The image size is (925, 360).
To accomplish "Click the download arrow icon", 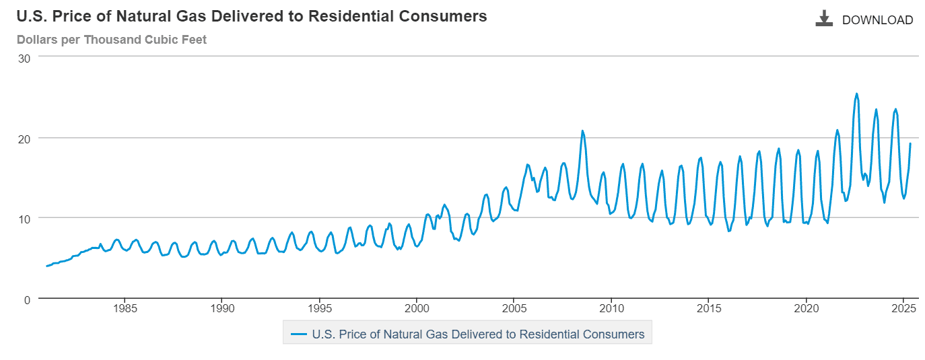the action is coord(824,18).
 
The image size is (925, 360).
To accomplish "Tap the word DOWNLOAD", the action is coord(877,20).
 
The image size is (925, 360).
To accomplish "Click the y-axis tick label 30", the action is coord(24,59).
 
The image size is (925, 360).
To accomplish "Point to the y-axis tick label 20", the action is coord(24,139).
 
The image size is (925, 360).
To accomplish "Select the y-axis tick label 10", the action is coord(24,219).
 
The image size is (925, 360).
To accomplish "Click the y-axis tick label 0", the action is coord(27,300).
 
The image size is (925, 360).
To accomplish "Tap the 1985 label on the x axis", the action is coord(125,308).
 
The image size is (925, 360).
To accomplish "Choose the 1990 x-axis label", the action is coord(222,308).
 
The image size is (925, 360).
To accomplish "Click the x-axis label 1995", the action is coord(320,308).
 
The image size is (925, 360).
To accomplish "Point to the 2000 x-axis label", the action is coord(417,308).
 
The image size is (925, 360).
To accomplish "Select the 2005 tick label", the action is coord(514,308).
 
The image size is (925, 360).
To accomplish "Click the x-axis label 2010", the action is coord(611,308).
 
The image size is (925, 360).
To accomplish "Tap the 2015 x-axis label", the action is coord(709,308).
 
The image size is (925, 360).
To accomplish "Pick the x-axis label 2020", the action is coord(806,308).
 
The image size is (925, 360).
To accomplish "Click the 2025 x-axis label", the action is coord(903,308).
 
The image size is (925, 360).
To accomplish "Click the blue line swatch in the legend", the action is coord(298,334).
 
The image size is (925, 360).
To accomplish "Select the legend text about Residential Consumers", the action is coord(478,334).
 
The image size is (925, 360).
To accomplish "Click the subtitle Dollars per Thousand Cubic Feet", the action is coord(112,40).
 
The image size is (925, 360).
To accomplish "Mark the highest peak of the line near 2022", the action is coord(856,94).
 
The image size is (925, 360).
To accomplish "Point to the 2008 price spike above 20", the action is coord(582,131).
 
